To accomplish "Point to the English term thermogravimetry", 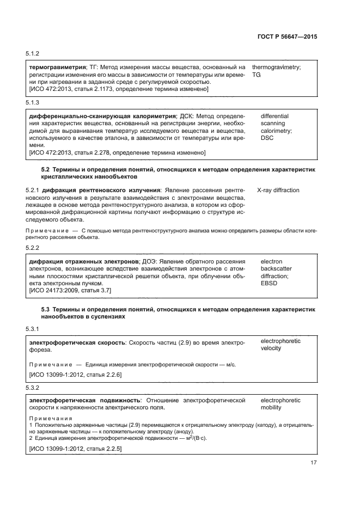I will (276, 67).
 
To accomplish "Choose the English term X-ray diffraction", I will (278, 190).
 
